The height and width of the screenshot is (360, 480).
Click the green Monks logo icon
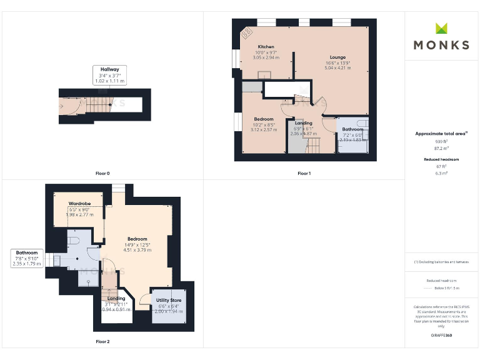(442, 28)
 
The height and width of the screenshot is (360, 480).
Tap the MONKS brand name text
(441, 45)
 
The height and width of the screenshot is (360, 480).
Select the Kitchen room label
(266, 47)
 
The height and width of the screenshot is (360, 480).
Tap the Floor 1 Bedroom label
(263, 119)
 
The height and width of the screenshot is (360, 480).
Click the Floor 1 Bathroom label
(352, 129)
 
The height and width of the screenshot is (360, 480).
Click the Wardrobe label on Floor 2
(79, 204)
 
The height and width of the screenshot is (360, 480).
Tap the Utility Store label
(169, 301)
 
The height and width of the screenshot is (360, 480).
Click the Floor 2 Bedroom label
(137, 239)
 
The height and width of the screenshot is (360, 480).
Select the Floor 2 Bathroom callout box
(26, 259)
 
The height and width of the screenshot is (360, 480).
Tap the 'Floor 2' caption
(102, 342)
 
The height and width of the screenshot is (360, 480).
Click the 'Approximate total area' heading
(441, 134)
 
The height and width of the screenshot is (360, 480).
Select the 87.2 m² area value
(441, 149)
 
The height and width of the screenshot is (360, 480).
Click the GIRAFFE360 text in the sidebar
(441, 336)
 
